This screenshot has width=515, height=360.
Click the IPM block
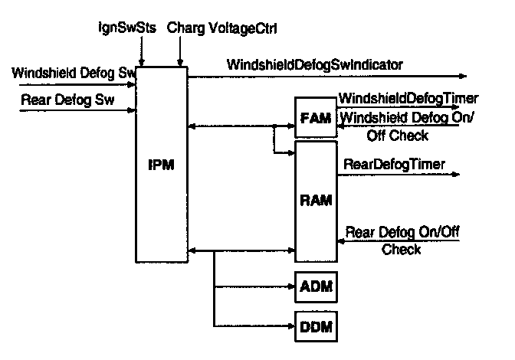tap(162, 165)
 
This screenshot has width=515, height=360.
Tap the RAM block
tap(315, 201)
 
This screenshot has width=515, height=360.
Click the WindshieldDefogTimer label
tap(408, 98)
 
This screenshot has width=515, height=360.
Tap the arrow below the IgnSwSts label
tap(139, 54)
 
